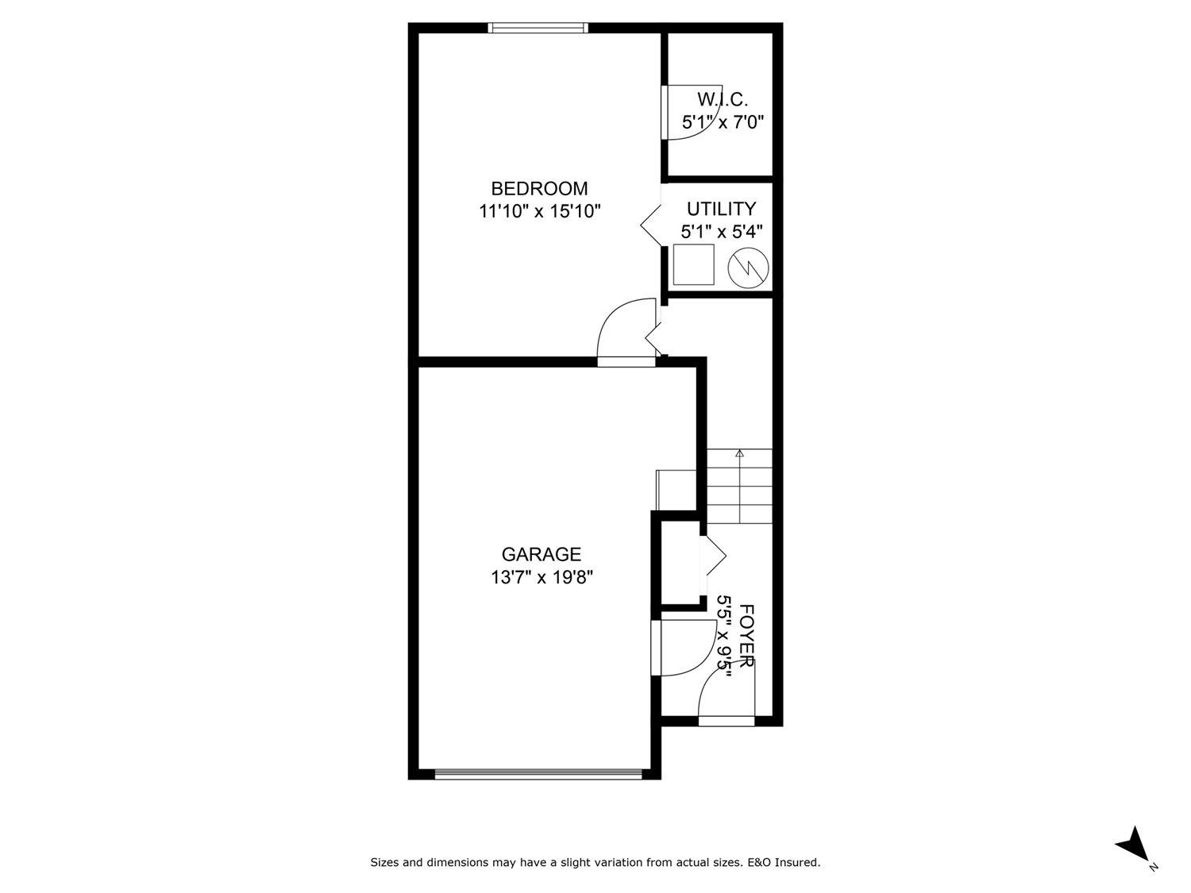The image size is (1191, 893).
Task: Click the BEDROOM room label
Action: [539, 189]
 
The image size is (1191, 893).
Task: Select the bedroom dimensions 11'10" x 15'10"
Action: [539, 212]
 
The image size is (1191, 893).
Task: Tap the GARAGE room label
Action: [541, 554]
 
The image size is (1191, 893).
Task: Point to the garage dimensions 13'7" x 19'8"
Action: [542, 577]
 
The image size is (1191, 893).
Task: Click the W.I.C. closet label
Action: [722, 100]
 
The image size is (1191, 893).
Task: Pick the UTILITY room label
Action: [721, 210]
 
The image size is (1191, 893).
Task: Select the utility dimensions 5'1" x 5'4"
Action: [721, 232]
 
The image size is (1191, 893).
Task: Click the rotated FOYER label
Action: [746, 635]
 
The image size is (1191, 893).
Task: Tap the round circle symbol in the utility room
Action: [749, 267]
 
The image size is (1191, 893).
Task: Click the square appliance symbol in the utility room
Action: [693, 264]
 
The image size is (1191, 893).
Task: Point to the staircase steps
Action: [739, 486]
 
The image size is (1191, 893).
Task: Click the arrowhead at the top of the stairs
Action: [739, 454]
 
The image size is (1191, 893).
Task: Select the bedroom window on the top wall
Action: [538, 28]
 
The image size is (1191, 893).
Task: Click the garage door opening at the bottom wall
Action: [538, 774]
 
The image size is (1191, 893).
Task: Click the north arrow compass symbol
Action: [1132, 843]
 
